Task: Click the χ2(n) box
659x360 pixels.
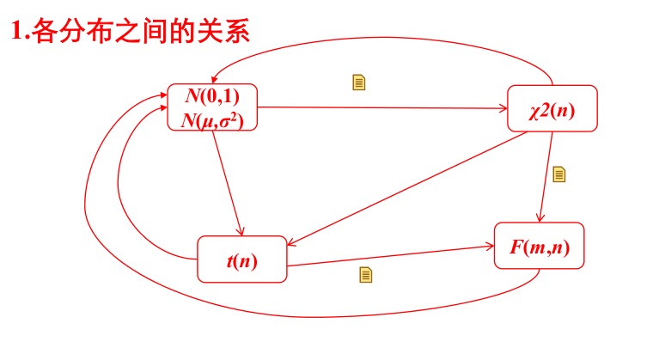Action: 552,109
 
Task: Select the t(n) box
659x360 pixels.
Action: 241,259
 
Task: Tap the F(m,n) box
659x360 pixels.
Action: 539,246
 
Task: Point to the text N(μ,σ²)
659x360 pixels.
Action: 212,120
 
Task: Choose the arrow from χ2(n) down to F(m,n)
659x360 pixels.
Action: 545,176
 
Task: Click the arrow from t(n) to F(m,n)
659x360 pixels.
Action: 391,255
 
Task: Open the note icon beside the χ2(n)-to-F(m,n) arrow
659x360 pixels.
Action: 559,174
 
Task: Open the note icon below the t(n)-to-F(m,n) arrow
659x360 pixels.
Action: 365,275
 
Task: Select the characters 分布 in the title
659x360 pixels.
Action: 82,34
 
